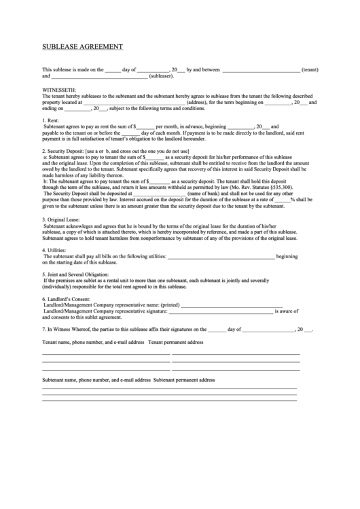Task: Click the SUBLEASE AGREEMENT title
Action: pyautogui.click(x=83, y=47)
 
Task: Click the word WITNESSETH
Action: pyautogui.click(x=60, y=90)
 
